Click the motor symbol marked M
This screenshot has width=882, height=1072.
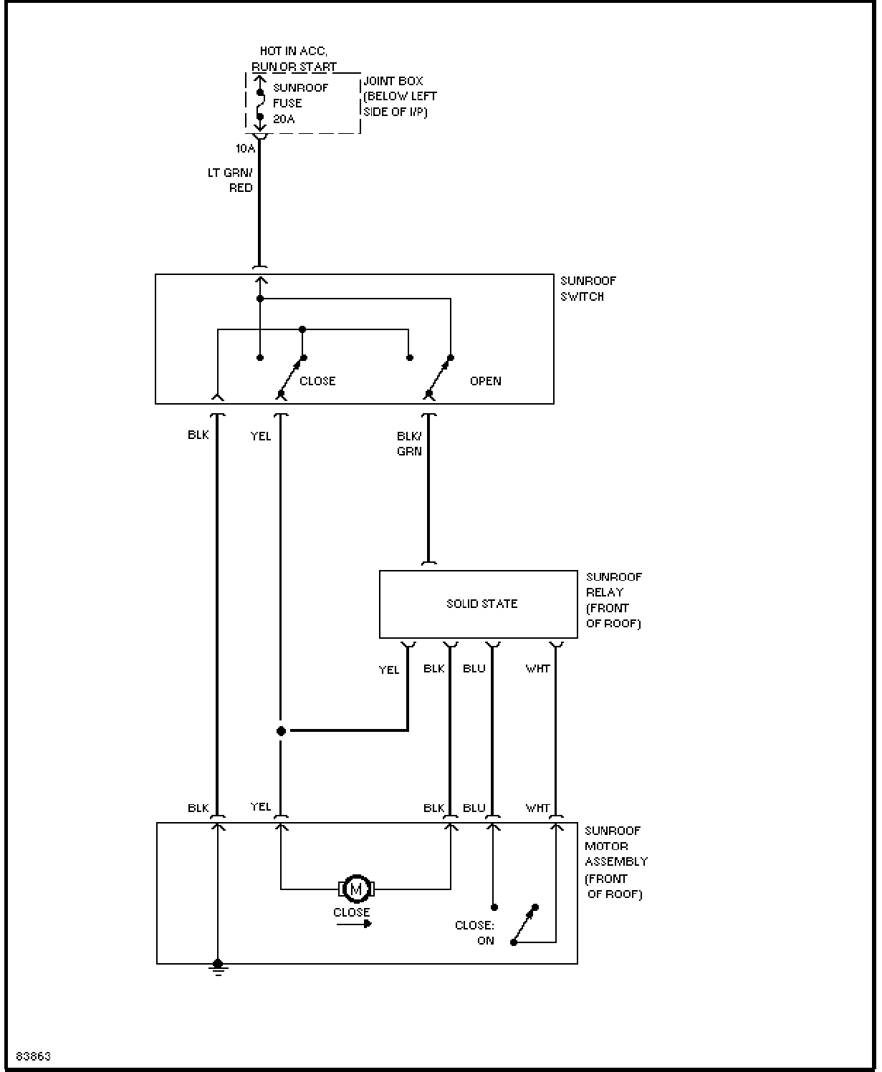pos(356,889)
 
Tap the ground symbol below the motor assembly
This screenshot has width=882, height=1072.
pos(218,967)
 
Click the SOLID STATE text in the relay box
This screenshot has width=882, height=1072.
pos(481,604)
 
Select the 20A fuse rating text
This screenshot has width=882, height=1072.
pos(284,119)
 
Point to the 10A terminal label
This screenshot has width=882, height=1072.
pos(245,148)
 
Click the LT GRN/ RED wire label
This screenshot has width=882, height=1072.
pos(230,180)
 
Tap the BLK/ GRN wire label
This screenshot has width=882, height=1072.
pos(409,444)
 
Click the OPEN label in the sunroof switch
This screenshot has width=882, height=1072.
pos(485,381)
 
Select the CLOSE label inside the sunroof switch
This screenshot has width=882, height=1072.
pos(317,381)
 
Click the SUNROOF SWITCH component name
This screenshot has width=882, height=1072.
pos(588,289)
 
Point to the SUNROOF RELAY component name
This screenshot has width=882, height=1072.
pos(613,600)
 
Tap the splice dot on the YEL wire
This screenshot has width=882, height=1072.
pos(281,731)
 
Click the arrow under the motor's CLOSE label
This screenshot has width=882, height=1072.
pos(354,924)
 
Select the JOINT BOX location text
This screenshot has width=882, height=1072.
pos(400,97)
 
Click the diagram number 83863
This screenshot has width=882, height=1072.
pos(34,1056)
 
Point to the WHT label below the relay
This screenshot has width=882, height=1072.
pos(537,669)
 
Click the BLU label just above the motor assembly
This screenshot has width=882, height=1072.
pos(474,808)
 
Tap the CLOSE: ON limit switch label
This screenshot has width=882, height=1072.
pos(474,933)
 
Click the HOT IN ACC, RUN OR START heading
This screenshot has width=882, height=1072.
pos(294,59)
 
